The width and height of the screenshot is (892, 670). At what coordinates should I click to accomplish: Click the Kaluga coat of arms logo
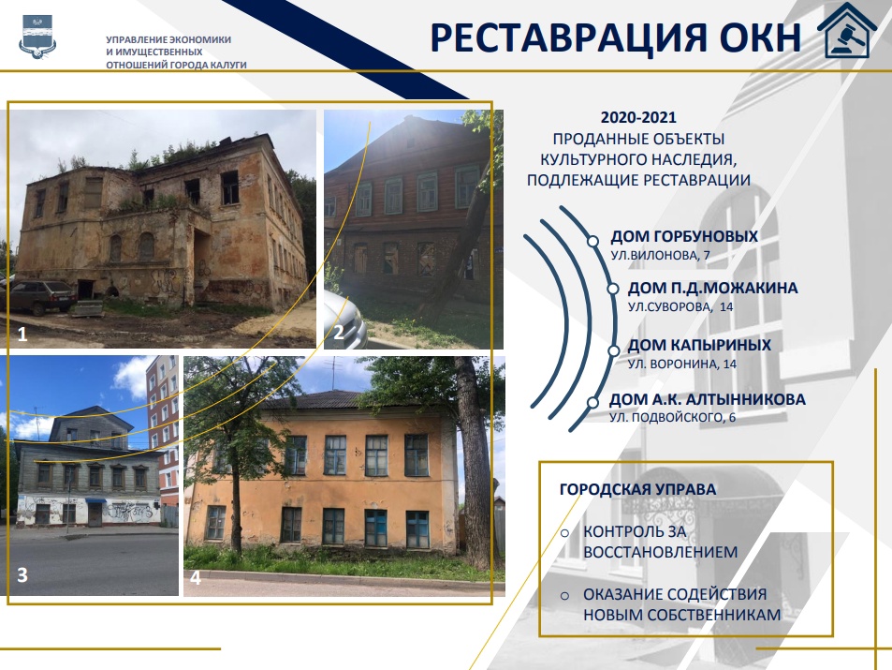[37, 37]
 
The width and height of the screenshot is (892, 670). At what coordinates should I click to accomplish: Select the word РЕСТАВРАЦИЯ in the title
[569, 38]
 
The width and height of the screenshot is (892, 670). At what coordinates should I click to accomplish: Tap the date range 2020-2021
[638, 117]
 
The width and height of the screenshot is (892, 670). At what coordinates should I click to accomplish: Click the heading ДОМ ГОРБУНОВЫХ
[684, 236]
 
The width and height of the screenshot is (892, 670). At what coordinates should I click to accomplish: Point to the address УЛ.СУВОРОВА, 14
[680, 306]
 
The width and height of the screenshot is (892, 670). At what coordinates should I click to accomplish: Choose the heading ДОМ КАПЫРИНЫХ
[699, 345]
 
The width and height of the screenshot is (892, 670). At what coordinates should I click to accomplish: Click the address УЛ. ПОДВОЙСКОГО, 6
[672, 417]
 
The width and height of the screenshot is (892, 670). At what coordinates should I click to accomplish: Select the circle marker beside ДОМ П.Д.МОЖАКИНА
[613, 289]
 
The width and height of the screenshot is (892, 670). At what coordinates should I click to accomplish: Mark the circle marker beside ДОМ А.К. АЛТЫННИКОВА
[592, 403]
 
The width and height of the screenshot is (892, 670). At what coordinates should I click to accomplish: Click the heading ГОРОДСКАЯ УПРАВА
[637, 489]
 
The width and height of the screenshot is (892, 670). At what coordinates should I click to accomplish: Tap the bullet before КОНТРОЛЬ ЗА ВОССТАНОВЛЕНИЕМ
[564, 533]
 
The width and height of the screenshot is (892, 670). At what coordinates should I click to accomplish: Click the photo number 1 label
[22, 334]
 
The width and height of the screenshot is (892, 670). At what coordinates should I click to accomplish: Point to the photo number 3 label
[22, 574]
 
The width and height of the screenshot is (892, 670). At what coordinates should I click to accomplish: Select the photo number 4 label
[195, 578]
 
